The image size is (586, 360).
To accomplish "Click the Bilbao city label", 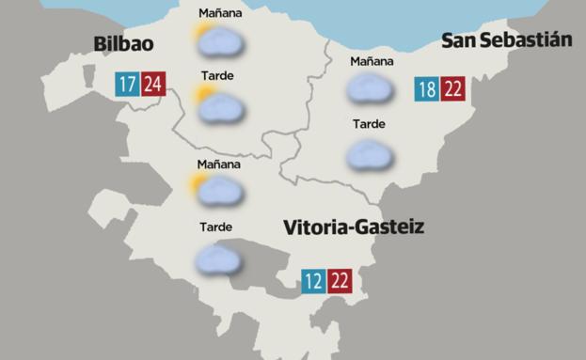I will pos(123,45).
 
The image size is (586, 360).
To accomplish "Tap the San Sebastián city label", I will pos(507,39).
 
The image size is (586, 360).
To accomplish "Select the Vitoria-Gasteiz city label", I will pos(354,227).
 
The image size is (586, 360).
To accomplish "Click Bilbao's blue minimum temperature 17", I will pos(127,85).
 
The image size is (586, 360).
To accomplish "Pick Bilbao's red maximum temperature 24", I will pos(152,85).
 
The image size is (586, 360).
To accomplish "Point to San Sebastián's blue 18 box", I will pos(427,89).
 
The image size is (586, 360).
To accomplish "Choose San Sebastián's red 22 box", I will pos(453,89).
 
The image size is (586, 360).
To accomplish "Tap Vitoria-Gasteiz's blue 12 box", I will pos(313,281).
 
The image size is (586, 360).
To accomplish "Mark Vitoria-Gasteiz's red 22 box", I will pos(340,281).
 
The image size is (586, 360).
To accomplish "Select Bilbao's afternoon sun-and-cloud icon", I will pos(218,102).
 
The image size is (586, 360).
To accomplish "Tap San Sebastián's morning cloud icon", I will pos(370,89).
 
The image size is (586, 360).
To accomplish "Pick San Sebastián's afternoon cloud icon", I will pos(370,154).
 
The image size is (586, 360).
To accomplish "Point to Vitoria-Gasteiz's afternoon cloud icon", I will pos(216,258).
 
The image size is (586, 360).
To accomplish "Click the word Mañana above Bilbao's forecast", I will pos(220,13).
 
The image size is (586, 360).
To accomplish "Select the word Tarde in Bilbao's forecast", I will pos(217,75).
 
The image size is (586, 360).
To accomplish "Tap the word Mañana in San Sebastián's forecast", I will pos(372,62).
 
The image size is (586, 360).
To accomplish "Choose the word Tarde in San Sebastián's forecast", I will pos(369,124).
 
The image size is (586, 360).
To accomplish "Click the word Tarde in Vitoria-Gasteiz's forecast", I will pos(216,227).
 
